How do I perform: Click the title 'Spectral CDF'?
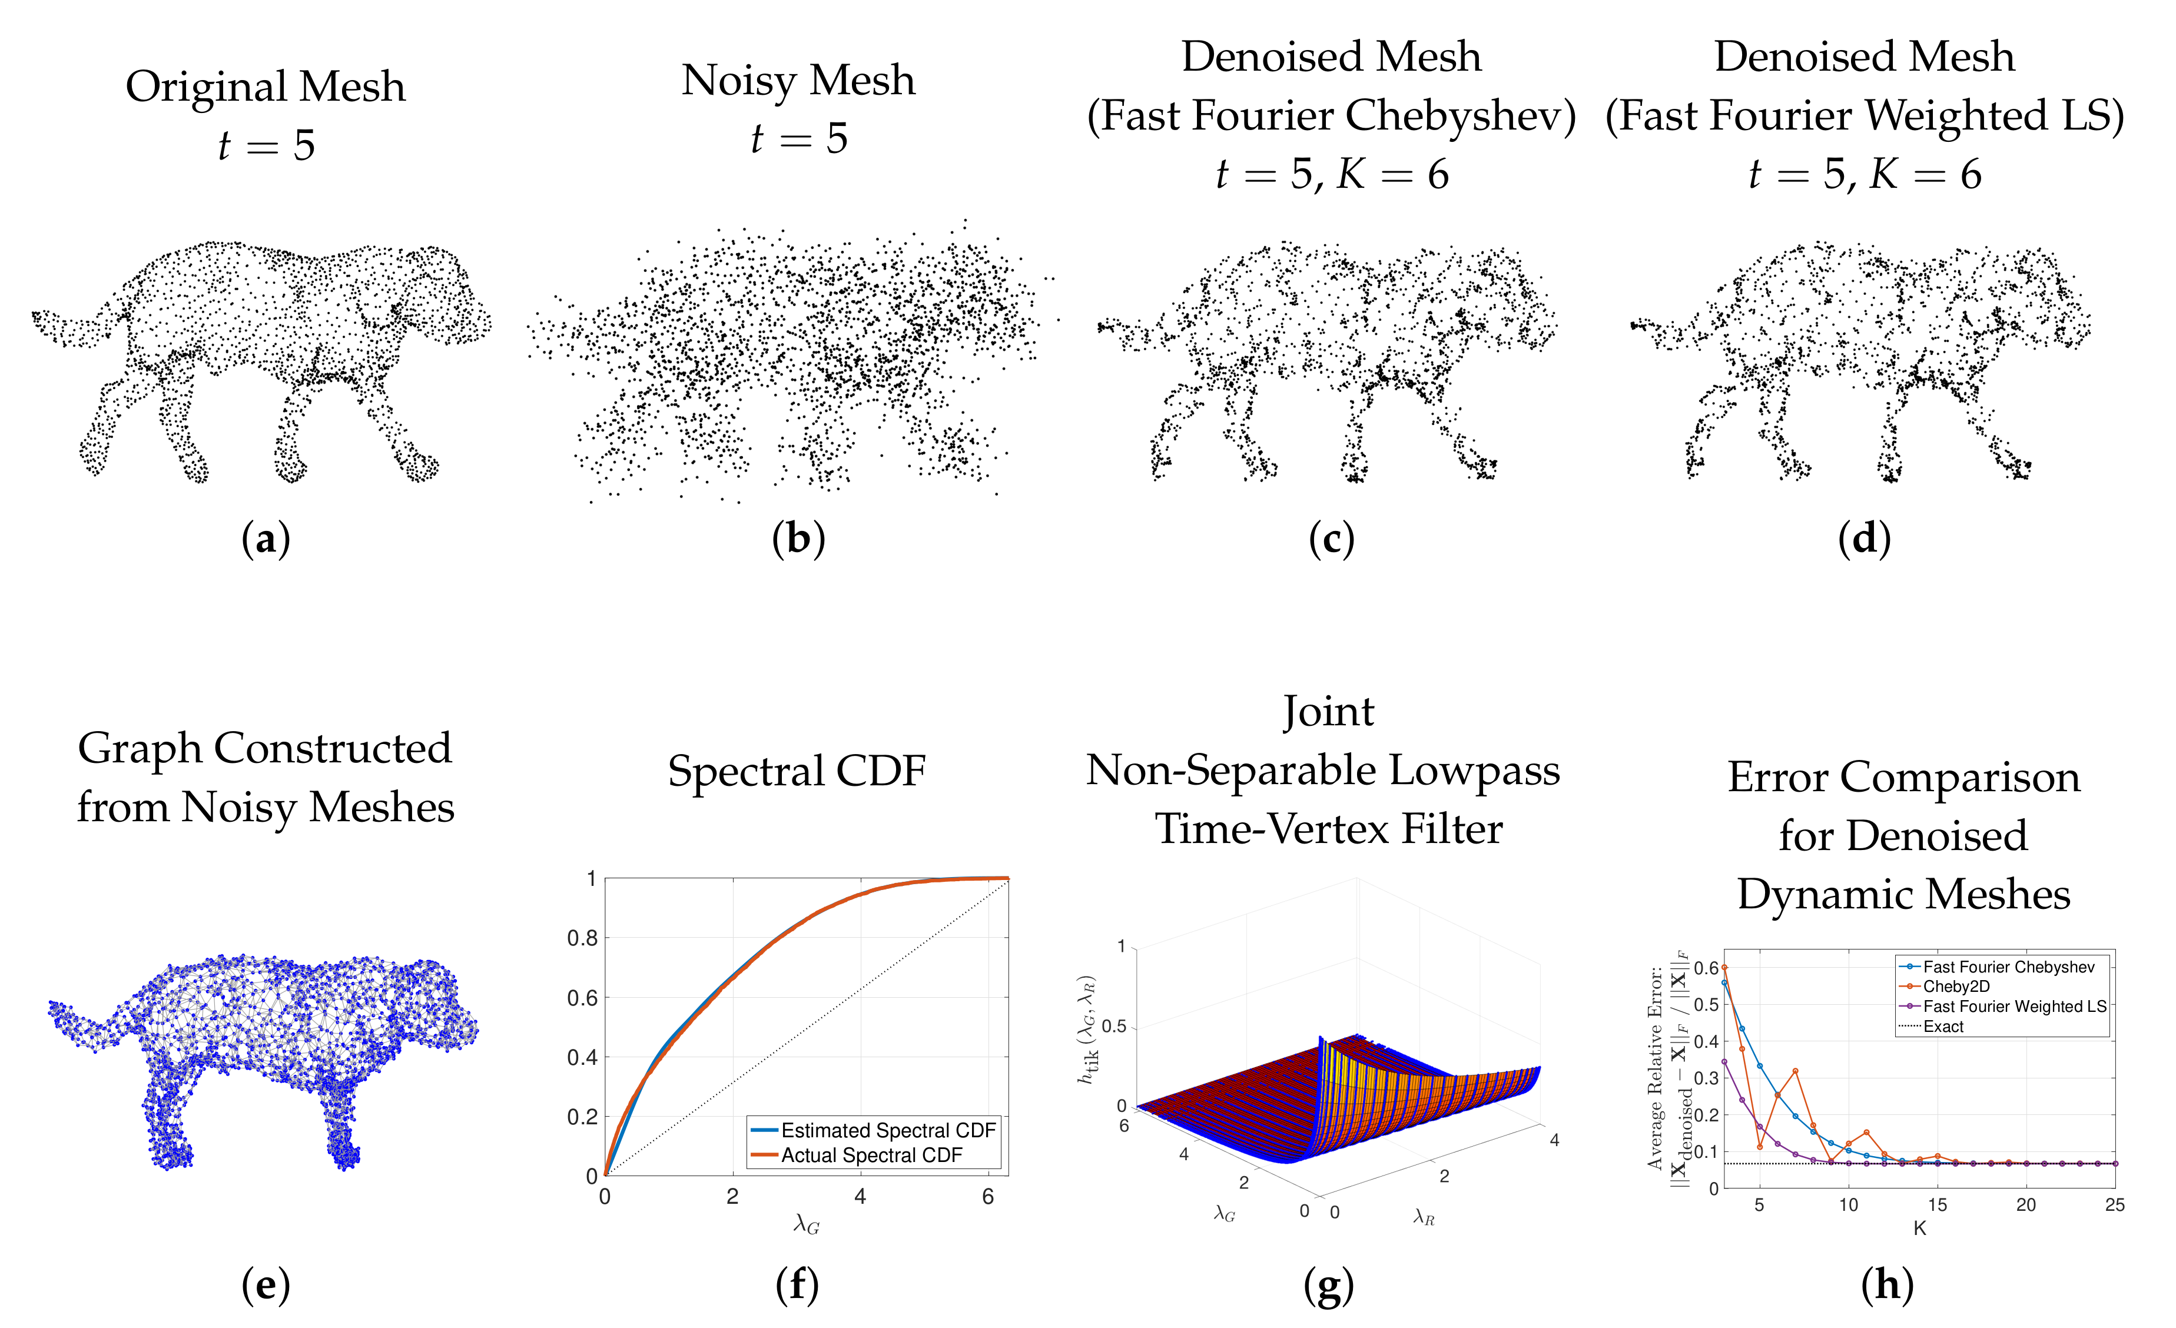coord(797,771)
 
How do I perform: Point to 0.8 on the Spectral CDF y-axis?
coord(582,938)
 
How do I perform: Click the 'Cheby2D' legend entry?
coord(1956,987)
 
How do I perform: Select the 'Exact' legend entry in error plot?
coord(1943,1026)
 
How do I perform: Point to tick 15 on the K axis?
coord(1938,1206)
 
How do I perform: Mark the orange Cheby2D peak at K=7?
coord(1796,1071)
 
